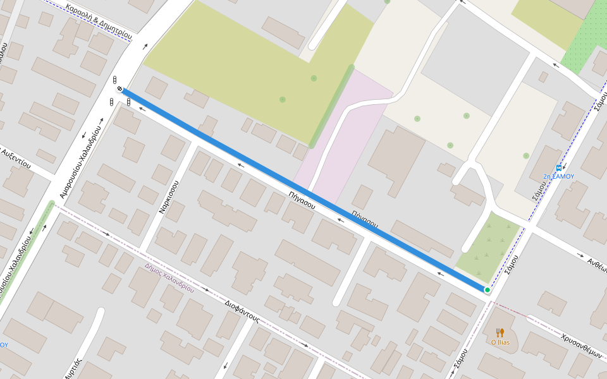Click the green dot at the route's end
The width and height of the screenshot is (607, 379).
coord(487,290)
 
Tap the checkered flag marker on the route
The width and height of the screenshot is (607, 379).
coord(120,90)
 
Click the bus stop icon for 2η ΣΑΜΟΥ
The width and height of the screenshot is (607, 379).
coord(558,168)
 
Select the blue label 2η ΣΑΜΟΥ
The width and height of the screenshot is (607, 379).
coord(558,177)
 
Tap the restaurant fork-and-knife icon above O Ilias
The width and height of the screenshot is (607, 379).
coord(500,332)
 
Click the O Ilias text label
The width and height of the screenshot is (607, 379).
coord(500,342)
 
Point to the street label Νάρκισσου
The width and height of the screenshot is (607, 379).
coord(169,196)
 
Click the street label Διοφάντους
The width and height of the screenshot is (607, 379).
coord(242,311)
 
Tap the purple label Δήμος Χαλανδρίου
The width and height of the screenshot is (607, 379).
coord(169,277)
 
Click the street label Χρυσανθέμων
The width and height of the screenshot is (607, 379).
coord(580,346)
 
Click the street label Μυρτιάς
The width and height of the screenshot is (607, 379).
coord(75,368)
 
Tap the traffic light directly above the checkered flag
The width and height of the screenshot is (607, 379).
coord(114,80)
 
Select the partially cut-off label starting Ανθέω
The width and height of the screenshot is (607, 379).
coord(596,263)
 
